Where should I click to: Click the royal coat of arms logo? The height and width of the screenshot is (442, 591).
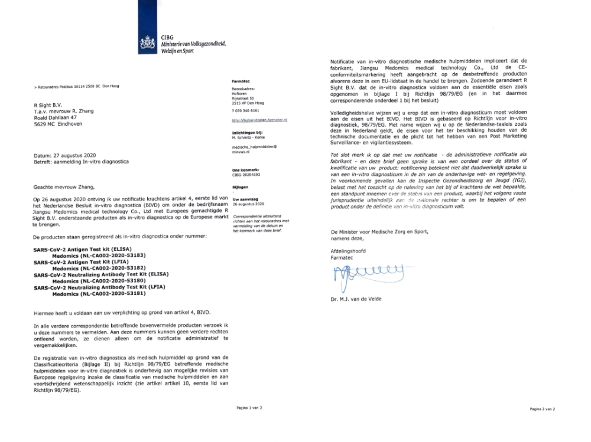click(x=147, y=43)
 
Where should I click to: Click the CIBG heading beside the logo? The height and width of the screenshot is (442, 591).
click(x=167, y=37)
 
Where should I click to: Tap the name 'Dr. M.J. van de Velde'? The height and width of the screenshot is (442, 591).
click(x=356, y=299)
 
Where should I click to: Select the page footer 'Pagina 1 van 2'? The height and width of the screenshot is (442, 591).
click(x=249, y=408)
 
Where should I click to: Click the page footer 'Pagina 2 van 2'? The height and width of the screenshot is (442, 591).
click(x=542, y=408)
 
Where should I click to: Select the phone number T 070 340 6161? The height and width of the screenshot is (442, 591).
click(x=246, y=110)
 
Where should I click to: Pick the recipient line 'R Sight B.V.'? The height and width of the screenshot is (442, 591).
click(x=48, y=104)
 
